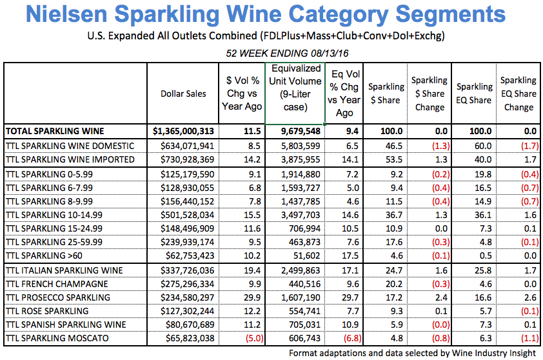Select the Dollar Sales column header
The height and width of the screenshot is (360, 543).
184,94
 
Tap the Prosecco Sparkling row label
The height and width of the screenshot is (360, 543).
57,297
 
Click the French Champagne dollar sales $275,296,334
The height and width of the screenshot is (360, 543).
184,284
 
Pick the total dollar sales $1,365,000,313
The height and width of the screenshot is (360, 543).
184,131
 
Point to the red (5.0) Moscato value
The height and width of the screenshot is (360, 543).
250,338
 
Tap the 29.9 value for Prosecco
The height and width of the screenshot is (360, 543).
251,297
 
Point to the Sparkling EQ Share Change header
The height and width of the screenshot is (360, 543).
518,94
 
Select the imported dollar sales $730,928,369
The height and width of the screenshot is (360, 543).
184,159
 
